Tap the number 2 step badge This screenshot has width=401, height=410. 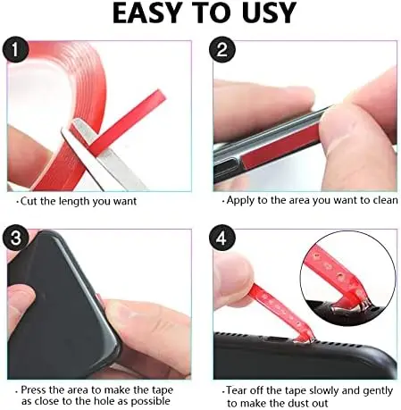[223, 50]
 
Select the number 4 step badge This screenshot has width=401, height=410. [223, 239]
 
